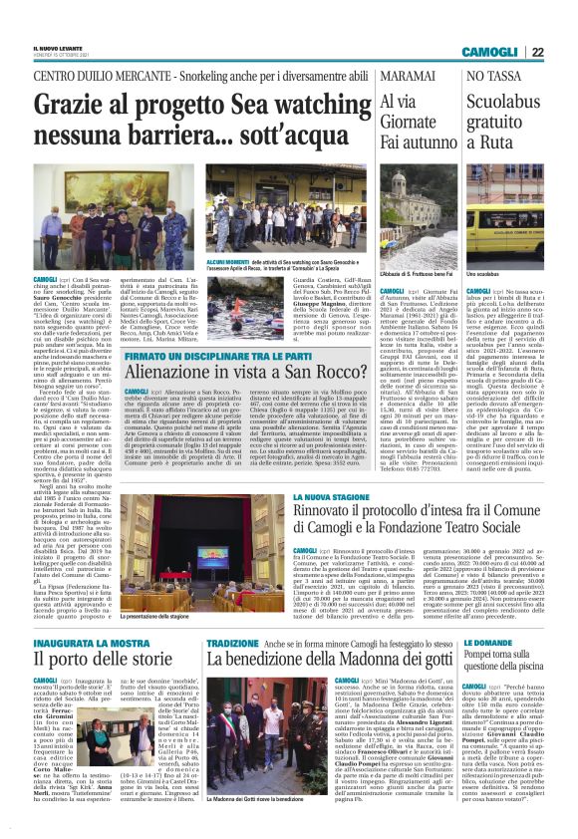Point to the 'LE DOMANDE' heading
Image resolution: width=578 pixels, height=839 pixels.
point(484,644)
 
